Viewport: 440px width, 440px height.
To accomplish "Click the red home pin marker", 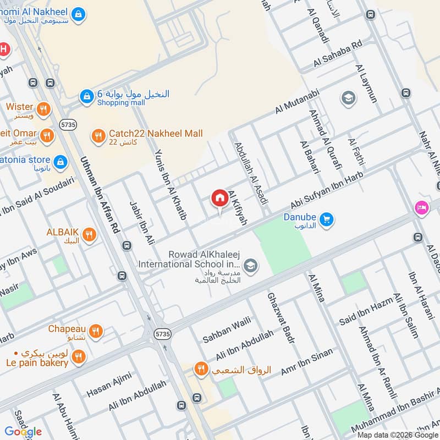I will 219,199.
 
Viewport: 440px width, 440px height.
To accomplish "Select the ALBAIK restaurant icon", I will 90,236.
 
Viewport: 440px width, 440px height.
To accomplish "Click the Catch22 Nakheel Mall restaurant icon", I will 98,135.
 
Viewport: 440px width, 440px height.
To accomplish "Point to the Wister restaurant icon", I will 44,109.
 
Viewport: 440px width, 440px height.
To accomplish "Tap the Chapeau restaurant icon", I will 96,331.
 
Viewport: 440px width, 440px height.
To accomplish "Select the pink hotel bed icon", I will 421,208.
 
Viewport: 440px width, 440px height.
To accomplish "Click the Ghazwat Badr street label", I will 280,318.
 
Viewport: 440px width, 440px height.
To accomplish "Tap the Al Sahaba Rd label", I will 338,54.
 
